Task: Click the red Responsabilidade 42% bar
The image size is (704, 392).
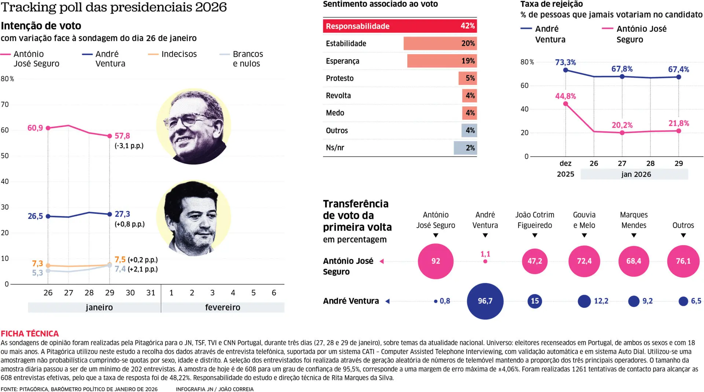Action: [x=400, y=26]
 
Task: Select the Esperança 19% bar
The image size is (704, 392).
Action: [x=441, y=61]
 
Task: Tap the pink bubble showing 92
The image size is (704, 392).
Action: [x=436, y=261]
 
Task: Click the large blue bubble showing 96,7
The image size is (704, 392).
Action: [x=485, y=301]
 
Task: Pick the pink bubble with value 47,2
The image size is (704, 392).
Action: [x=535, y=261]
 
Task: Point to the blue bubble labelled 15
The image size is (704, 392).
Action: [x=535, y=301]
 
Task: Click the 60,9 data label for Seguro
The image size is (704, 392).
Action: [x=35, y=128]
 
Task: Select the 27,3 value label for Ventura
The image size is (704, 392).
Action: [x=122, y=214]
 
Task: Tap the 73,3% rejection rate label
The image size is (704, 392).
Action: [x=565, y=62]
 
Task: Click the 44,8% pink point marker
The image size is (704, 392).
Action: [x=565, y=104]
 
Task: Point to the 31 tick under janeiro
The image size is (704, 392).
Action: [x=151, y=293]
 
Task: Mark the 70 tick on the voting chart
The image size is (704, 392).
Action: [x=5, y=105]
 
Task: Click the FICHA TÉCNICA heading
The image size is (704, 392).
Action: [x=30, y=333]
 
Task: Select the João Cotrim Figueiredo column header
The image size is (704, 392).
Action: [x=535, y=220]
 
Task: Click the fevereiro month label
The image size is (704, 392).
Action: [x=223, y=307]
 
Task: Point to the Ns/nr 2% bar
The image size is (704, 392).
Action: [x=465, y=148]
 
